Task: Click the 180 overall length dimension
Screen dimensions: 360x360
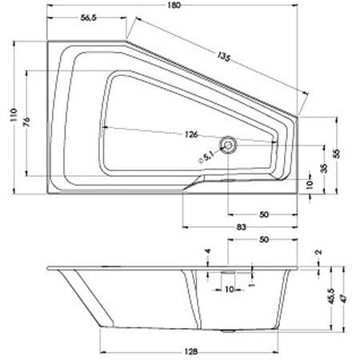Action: (174, 5)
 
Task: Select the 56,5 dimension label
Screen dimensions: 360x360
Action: (88, 18)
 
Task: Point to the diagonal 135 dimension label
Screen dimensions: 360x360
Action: (223, 57)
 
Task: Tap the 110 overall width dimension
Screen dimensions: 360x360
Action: (14, 115)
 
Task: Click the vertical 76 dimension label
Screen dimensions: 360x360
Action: (26, 122)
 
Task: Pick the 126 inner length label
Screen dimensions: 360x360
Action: (191, 134)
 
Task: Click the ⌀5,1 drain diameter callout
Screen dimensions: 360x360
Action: (206, 157)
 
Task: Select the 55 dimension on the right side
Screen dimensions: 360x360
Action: (338, 154)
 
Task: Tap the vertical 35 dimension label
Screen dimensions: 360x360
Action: (324, 168)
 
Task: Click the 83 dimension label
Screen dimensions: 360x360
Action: (241, 227)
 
